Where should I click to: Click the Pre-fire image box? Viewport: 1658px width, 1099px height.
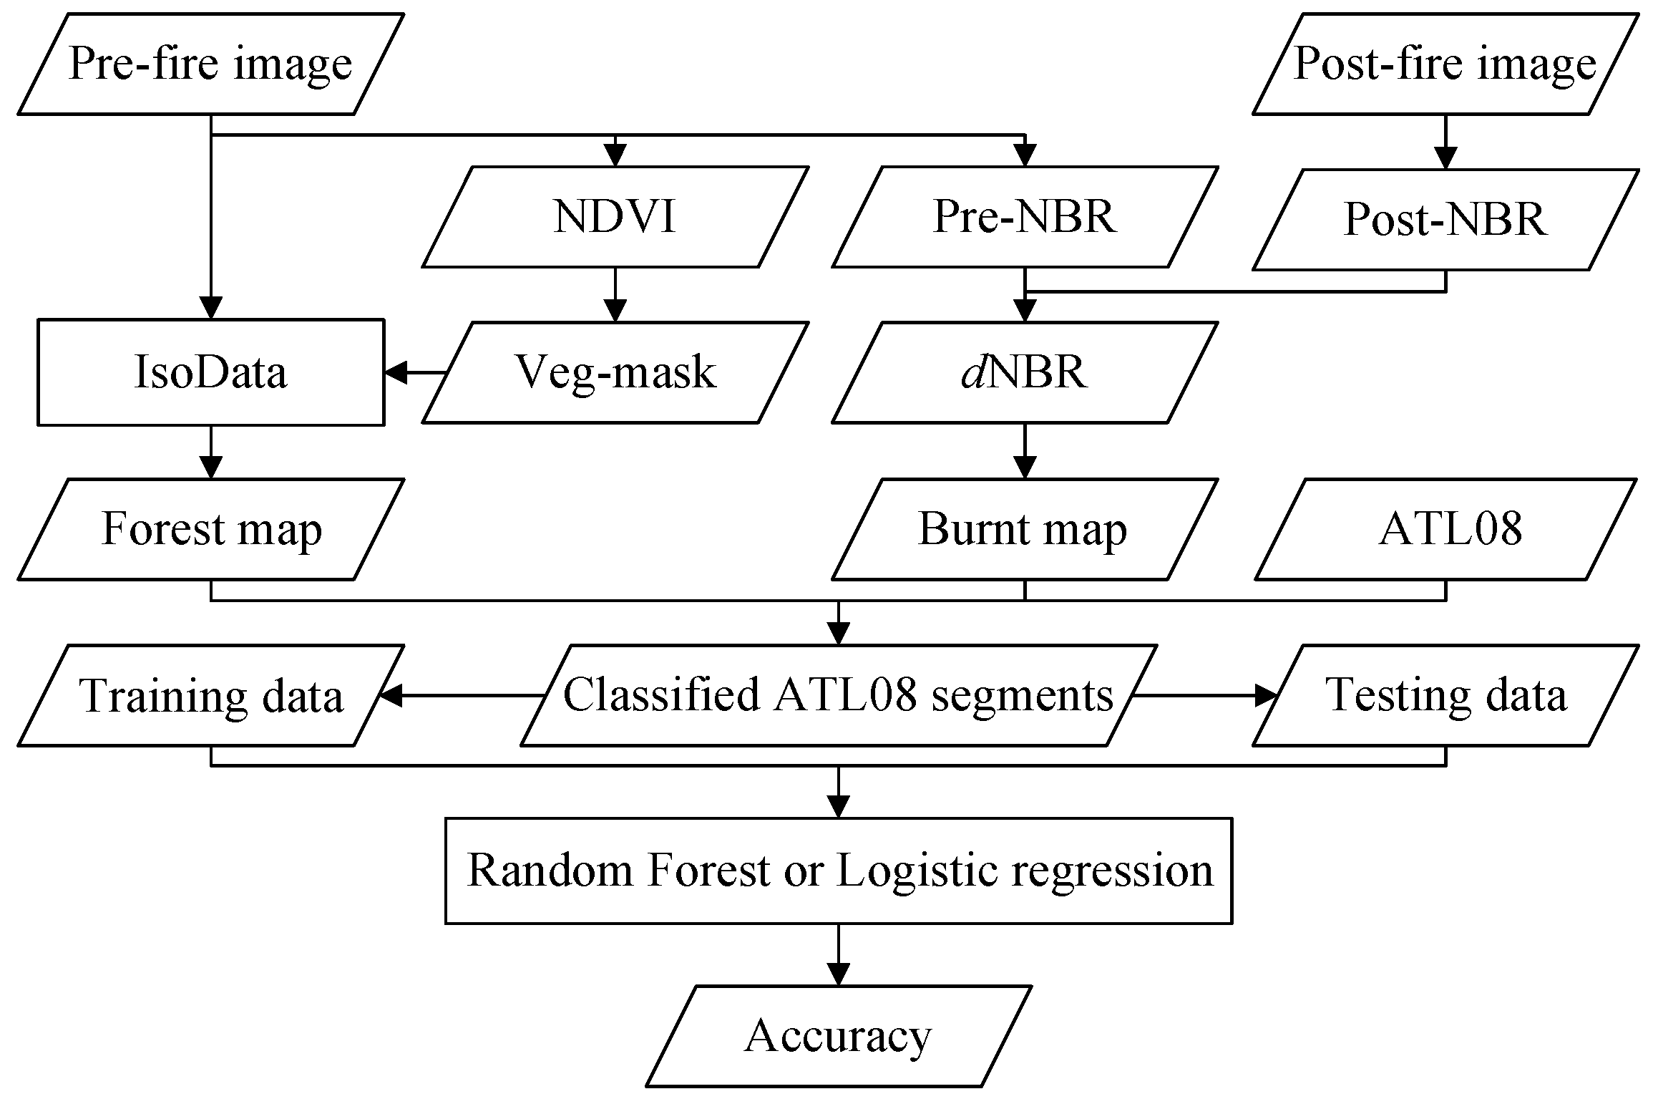[x=210, y=64]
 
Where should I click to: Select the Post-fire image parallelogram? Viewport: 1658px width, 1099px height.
[x=1445, y=64]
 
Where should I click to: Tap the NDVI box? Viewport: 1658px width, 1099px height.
[x=615, y=217]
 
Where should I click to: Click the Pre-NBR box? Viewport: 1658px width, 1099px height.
[x=1025, y=217]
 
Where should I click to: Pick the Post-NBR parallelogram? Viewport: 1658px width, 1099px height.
[x=1445, y=219]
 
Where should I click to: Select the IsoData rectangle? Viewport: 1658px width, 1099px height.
[x=210, y=372]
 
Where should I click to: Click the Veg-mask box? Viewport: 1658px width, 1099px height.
[x=615, y=372]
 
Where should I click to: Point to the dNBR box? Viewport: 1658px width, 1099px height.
[x=1025, y=372]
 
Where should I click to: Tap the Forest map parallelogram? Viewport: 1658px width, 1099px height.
[x=210, y=529]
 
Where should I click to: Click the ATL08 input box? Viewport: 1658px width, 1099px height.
[x=1449, y=529]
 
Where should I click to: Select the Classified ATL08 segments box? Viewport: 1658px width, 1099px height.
[x=838, y=695]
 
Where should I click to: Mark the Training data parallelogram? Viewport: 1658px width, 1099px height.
[x=210, y=695]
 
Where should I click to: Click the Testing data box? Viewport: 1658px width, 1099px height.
[x=1445, y=695]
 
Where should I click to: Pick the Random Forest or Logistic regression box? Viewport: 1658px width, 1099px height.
[x=838, y=871]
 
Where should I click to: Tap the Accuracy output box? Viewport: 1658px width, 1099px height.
[x=838, y=1036]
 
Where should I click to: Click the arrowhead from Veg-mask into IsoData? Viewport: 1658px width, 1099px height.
[x=396, y=372]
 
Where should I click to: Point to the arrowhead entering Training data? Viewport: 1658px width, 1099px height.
[x=390, y=695]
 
